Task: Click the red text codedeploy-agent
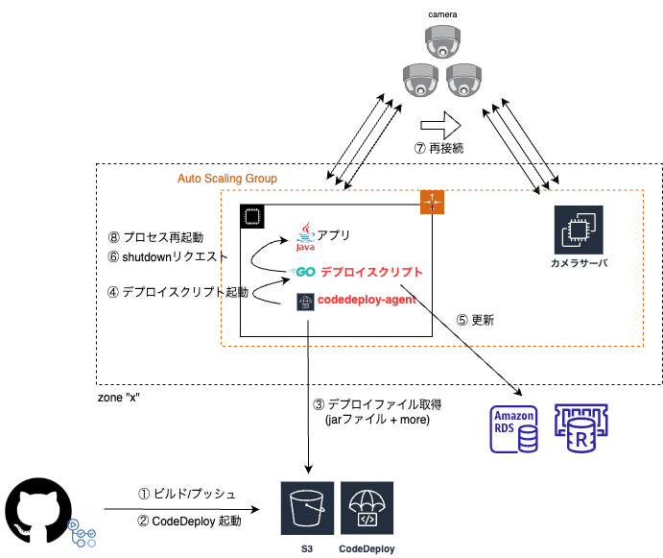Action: tap(366, 302)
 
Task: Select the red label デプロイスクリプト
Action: tap(371, 272)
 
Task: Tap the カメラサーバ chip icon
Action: tap(578, 230)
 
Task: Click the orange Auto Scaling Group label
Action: tap(227, 179)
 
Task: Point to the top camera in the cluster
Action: tap(444, 42)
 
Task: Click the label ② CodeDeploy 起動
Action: tap(191, 522)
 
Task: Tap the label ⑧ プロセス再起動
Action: tap(155, 236)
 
